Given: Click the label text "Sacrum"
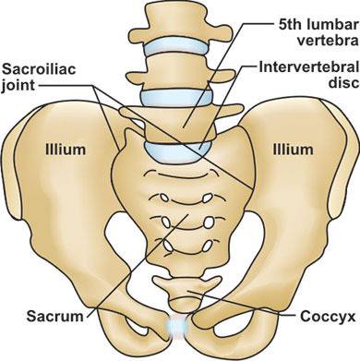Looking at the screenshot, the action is point(54,316).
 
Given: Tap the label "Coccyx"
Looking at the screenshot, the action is point(328,317).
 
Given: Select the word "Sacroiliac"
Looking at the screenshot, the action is point(39,70).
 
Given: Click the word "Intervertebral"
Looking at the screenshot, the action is point(309,67).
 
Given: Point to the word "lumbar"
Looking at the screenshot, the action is point(331,25).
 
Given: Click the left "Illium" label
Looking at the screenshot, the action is point(66,150).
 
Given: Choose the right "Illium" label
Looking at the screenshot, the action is point(293,150).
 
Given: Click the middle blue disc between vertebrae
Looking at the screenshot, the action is point(176,98).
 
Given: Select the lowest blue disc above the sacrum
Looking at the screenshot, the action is point(178,151).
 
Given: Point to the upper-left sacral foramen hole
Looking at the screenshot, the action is point(164,198).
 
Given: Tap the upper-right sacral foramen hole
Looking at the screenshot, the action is point(208,198).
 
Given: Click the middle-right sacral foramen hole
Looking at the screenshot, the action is point(209,223).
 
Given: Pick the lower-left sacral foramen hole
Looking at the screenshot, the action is point(169,246).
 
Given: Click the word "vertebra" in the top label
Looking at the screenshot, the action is point(328,41).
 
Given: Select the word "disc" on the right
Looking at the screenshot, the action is point(343,83).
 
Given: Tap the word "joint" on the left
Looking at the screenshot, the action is point(18,85).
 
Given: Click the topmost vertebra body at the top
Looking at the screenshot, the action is point(181,24).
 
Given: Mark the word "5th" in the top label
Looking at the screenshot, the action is point(290,25).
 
